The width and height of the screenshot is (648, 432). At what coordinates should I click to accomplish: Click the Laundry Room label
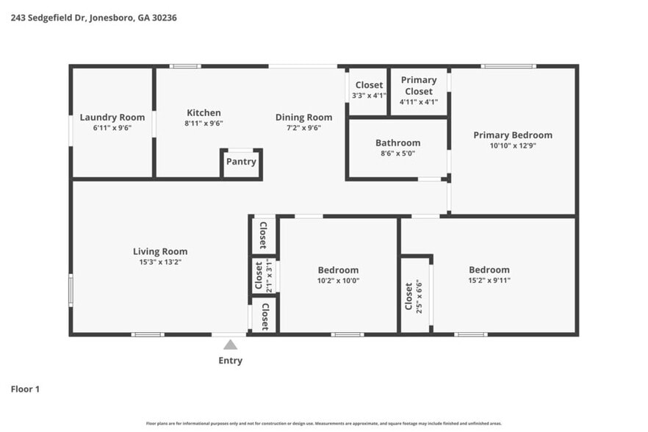pyautogui.click(x=112, y=117)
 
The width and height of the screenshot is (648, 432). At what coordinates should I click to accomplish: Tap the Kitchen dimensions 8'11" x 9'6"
pyautogui.click(x=203, y=123)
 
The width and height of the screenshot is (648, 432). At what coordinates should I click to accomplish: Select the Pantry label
pyautogui.click(x=241, y=162)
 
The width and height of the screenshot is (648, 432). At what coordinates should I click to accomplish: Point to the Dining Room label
pyautogui.click(x=303, y=117)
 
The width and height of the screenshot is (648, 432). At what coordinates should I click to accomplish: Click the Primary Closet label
pyautogui.click(x=419, y=85)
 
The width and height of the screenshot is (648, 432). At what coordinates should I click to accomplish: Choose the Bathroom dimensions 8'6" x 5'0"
pyautogui.click(x=397, y=154)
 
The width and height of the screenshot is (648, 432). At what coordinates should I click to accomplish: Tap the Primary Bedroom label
pyautogui.click(x=512, y=135)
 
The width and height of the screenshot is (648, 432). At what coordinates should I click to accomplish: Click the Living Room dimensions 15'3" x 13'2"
pyautogui.click(x=160, y=262)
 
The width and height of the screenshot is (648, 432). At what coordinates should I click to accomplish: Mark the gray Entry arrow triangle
pyautogui.click(x=230, y=345)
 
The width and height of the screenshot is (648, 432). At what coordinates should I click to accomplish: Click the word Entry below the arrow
pyautogui.click(x=230, y=361)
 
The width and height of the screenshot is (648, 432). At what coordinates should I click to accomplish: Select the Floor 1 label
pyautogui.click(x=25, y=389)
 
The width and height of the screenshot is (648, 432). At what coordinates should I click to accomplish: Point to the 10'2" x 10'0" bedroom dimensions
pyautogui.click(x=338, y=281)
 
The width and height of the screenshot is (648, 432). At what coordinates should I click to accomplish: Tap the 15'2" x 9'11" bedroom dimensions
pyautogui.click(x=489, y=280)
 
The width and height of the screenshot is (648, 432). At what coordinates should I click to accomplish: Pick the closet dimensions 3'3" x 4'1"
pyautogui.click(x=368, y=96)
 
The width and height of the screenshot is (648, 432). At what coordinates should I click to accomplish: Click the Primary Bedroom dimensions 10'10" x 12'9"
pyautogui.click(x=512, y=145)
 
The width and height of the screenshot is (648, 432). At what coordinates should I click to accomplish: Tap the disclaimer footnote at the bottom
pyautogui.click(x=323, y=423)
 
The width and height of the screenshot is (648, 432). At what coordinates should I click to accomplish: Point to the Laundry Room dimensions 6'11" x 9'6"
pyautogui.click(x=112, y=127)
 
